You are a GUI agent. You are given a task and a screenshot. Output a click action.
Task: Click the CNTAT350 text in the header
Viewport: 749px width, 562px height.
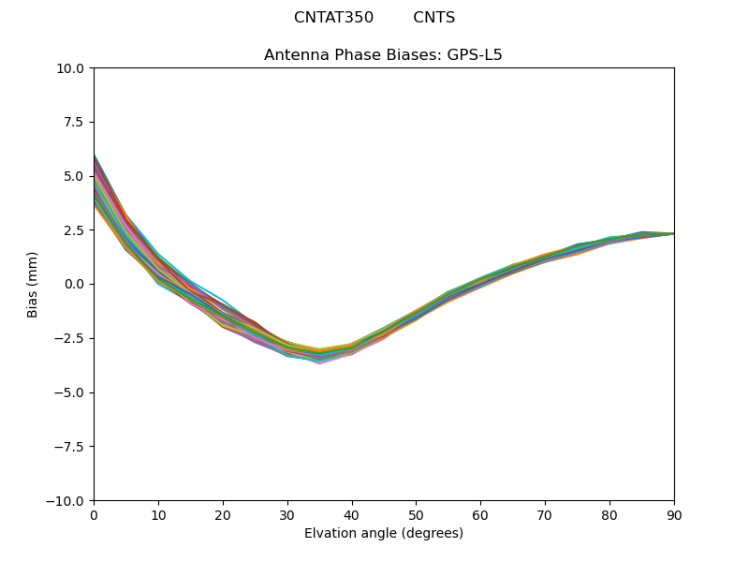tap(333, 18)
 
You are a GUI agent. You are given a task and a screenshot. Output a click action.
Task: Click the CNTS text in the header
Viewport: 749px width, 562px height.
tap(433, 18)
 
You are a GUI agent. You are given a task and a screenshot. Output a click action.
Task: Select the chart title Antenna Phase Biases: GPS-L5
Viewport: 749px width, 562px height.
tap(383, 55)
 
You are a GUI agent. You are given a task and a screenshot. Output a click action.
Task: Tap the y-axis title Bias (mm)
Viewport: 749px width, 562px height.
tap(33, 284)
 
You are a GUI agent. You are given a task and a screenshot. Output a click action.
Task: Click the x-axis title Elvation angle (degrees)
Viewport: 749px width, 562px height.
tap(383, 534)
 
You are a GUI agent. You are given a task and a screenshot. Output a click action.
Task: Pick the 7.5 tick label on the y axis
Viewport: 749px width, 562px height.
tap(76, 122)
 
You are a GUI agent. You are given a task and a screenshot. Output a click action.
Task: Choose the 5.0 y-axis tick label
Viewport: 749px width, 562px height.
tap(76, 176)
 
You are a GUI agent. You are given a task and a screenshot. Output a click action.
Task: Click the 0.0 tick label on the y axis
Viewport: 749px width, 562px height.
tap(76, 284)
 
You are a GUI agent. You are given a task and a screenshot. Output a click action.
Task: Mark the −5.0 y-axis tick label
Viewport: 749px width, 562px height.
tap(71, 392)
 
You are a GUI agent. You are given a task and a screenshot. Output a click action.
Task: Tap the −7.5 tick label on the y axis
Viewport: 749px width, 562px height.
tap(71, 447)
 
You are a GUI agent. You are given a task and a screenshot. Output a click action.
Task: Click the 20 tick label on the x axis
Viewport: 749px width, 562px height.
tap(223, 515)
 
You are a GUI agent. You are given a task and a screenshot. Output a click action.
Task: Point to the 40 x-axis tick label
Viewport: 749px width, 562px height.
tap(351, 515)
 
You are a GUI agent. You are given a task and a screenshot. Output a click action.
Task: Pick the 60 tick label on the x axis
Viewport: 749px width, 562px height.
tap(480, 515)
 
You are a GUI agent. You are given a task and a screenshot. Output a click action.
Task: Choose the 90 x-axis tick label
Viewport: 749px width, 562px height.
tap(674, 515)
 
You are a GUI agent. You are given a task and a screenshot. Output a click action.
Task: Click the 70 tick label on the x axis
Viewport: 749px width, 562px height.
tap(545, 515)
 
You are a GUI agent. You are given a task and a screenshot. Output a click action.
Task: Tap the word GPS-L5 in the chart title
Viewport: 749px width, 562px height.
tap(477, 55)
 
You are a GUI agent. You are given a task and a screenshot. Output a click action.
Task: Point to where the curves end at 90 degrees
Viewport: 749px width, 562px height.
tap(673, 233)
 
